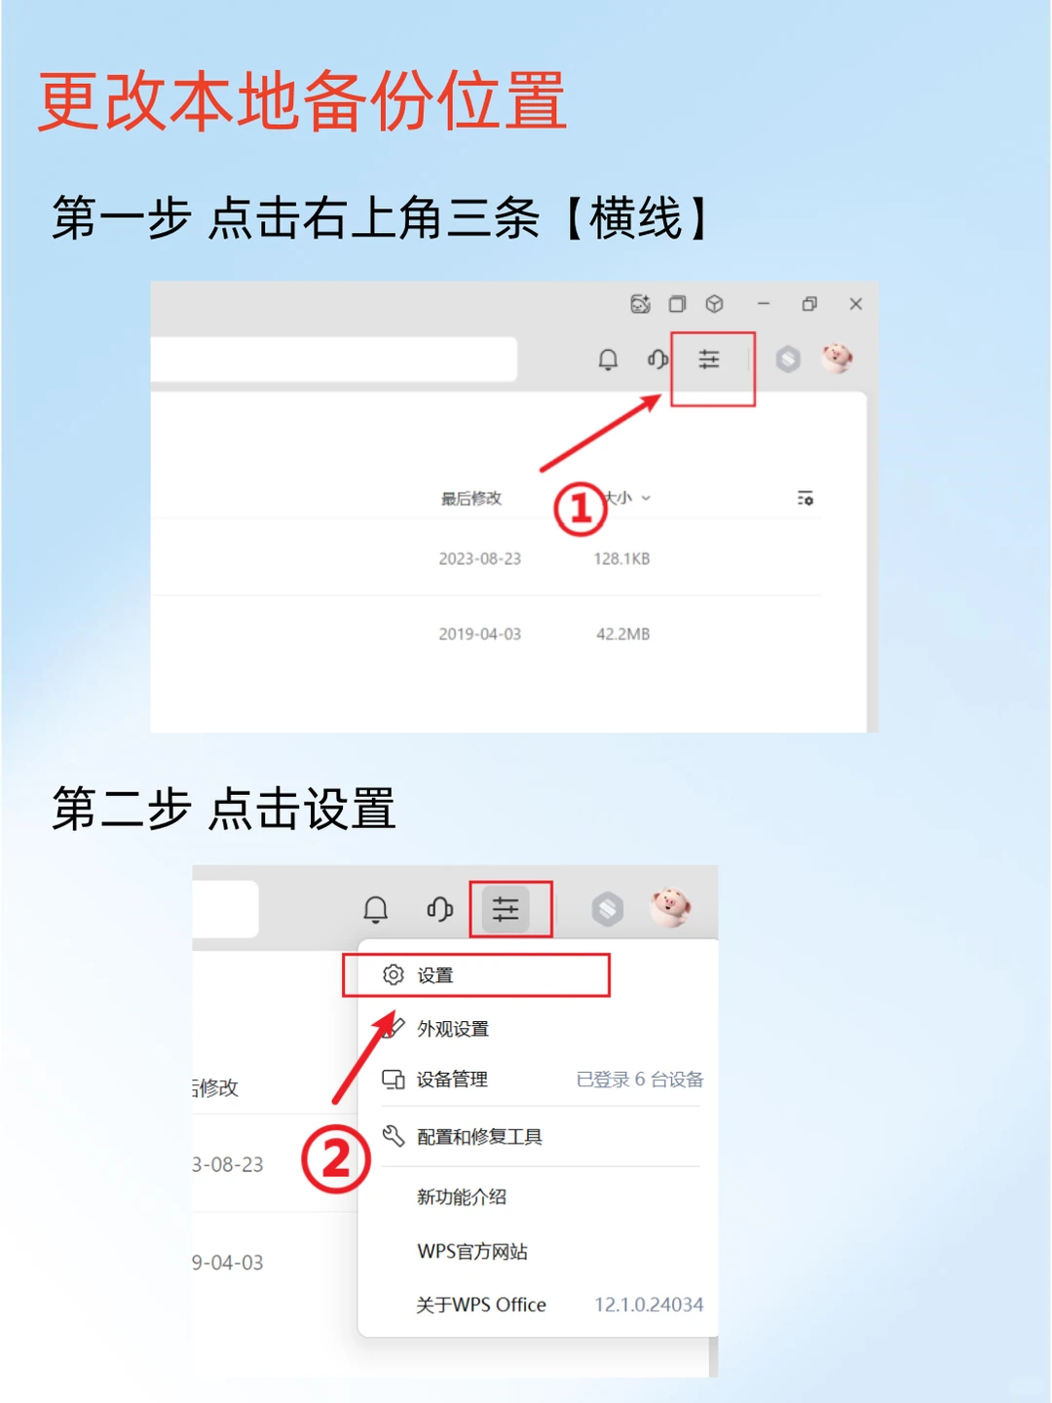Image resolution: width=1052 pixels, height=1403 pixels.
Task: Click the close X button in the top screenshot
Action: point(855,304)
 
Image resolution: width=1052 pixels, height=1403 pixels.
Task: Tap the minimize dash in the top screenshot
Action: point(764,304)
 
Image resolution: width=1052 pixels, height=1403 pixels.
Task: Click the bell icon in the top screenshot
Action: point(608,360)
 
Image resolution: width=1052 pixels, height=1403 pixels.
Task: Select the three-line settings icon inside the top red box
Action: point(709,360)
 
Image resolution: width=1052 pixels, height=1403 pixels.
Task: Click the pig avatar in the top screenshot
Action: point(837,359)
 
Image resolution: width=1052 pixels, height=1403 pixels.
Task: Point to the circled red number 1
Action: point(581,509)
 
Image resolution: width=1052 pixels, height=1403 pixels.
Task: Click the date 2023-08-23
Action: point(479,559)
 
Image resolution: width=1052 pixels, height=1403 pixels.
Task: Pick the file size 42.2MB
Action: point(622,634)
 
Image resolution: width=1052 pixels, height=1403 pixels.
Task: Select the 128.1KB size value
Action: point(621,559)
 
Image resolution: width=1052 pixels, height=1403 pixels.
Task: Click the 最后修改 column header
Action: point(471,499)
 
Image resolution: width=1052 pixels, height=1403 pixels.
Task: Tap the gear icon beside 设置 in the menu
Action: point(394,975)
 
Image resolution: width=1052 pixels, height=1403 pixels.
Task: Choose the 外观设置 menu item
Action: point(453,1029)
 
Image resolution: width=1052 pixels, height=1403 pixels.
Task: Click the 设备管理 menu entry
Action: point(452,1080)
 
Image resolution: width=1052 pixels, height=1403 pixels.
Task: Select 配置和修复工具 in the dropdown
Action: point(479,1137)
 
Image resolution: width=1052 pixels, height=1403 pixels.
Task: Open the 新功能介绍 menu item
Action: point(462,1197)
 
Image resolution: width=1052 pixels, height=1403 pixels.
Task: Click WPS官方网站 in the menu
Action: point(472,1252)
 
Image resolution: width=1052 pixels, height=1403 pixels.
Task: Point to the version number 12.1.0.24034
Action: point(649,1305)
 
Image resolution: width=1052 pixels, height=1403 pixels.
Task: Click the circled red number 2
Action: point(336,1159)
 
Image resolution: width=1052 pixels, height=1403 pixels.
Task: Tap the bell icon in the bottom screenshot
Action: point(376,910)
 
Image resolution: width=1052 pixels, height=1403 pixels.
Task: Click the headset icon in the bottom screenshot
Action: point(439,910)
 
